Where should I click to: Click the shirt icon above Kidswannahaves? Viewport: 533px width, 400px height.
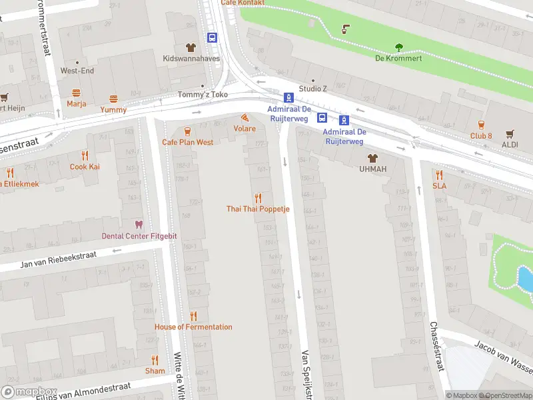pos(190,47)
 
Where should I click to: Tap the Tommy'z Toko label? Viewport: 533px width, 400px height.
pos(203,95)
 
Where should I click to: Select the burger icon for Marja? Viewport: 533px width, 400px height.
pos(76,93)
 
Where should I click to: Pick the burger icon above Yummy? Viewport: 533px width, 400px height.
pos(113,98)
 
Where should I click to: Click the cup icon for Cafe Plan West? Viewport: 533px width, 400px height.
pos(187,131)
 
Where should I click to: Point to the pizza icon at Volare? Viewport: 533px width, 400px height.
pos(245,117)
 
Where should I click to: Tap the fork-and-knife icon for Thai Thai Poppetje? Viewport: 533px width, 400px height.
pos(258,198)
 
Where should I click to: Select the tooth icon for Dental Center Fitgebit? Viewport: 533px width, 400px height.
pos(139,225)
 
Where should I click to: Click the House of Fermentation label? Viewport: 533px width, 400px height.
pos(193,327)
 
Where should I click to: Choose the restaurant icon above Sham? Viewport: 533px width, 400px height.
pos(155,359)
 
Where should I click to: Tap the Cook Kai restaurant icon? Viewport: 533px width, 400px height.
pos(85,155)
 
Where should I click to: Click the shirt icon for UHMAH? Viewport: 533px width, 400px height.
pos(372,158)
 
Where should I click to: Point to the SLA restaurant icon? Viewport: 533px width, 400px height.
pos(439,175)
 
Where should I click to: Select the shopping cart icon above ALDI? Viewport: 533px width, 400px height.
pos(510,133)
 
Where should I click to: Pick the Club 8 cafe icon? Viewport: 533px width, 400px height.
pos(480,125)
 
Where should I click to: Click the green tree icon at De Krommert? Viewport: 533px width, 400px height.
pos(399,47)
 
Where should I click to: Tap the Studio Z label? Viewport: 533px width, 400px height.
pos(313,88)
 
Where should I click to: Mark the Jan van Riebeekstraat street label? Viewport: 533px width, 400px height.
pos(59,259)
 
